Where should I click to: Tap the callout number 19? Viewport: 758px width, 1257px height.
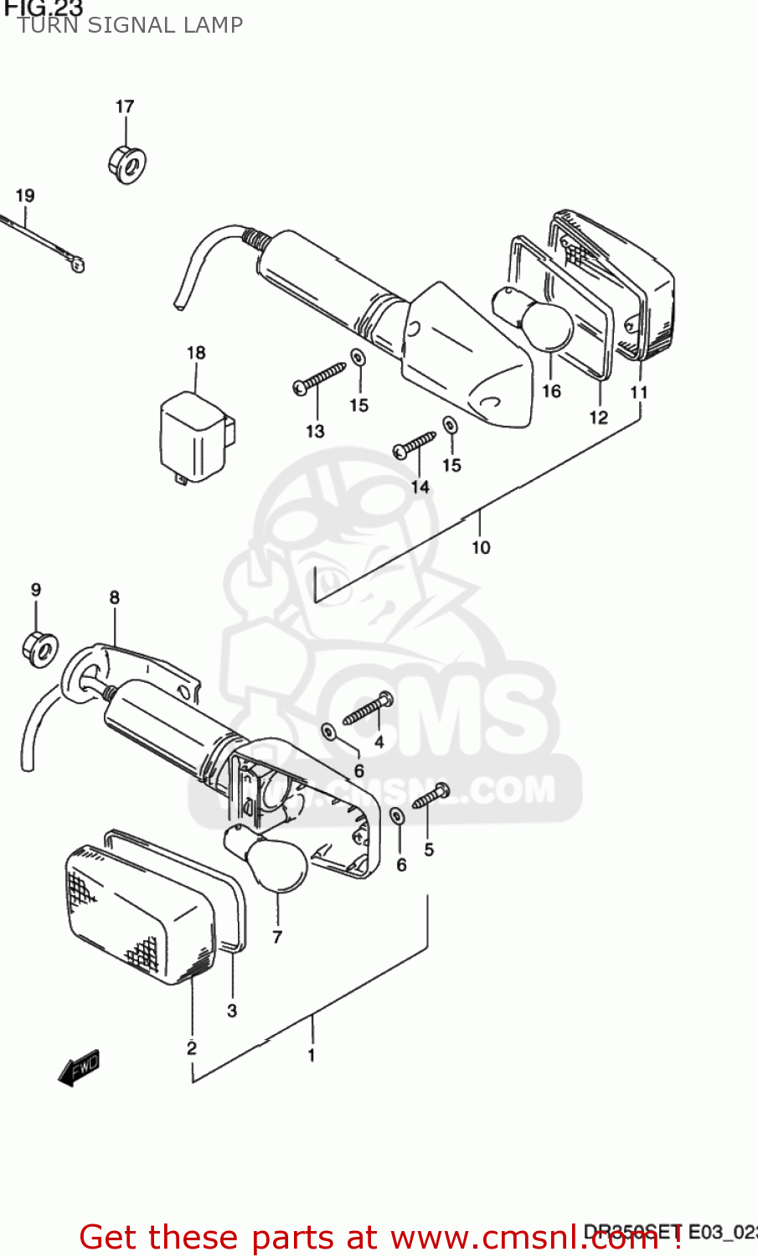[25, 196]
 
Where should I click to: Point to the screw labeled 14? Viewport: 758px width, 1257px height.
[415, 444]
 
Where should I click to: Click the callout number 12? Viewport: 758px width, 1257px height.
[598, 417]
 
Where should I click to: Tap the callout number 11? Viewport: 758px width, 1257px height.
[639, 392]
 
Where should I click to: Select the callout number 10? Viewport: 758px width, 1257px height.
[481, 547]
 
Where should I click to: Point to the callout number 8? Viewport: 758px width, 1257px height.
[114, 597]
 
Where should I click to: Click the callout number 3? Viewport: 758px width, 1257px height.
[232, 1011]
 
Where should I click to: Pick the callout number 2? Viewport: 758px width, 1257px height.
[192, 1047]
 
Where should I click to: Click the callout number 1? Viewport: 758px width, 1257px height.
[312, 1055]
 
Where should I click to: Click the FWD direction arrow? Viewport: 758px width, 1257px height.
[79, 1068]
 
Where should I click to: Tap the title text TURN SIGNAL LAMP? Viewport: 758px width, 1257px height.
[130, 25]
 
